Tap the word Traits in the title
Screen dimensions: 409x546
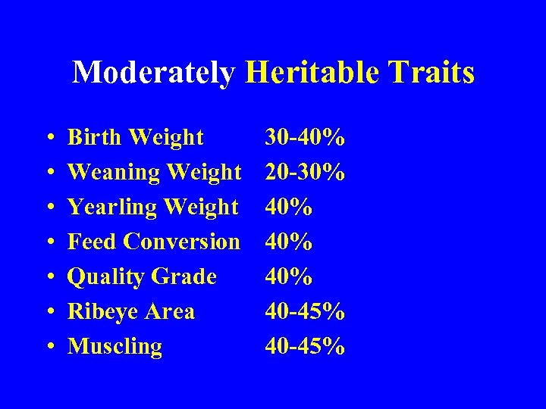(432, 73)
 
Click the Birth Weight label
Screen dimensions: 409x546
(136, 138)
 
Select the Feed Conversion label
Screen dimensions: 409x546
(153, 242)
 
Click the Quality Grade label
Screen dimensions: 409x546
(142, 277)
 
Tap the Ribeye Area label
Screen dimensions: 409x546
(131, 312)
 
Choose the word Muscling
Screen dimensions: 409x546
(115, 347)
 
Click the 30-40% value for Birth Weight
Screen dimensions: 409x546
(305, 138)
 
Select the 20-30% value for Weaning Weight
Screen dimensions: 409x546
(305, 173)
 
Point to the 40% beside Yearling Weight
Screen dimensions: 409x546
(288, 208)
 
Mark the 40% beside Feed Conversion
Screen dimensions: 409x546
(288, 242)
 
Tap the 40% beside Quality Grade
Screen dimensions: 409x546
(288, 277)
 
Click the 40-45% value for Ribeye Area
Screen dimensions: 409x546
(305, 312)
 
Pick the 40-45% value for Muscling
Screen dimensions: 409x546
(305, 347)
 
